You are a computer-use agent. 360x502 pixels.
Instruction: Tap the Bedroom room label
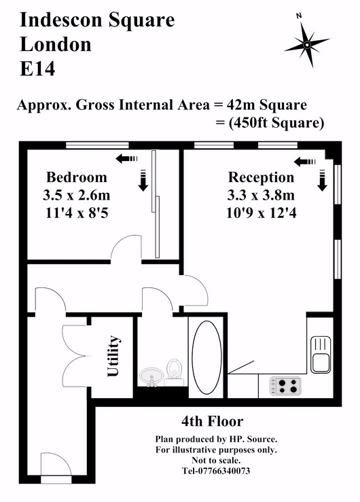[77, 177]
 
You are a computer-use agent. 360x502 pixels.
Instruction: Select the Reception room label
[261, 177]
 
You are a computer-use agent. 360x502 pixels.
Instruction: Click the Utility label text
[113, 356]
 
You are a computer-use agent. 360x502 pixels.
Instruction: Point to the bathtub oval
[206, 357]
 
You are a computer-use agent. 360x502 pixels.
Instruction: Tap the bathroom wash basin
[151, 377]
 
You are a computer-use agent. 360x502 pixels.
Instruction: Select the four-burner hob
[285, 385]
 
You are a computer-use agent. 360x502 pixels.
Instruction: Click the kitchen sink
[321, 355]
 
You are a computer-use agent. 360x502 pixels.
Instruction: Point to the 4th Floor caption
[212, 421]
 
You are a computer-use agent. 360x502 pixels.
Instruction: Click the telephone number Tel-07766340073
[216, 471]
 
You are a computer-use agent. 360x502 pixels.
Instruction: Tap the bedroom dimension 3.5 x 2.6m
[77, 195]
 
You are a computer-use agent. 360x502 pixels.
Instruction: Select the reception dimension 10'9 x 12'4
[261, 212]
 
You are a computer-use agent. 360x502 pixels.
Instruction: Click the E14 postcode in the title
[37, 69]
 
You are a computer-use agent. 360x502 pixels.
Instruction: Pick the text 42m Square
[267, 105]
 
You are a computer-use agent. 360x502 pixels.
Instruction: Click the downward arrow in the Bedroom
[143, 181]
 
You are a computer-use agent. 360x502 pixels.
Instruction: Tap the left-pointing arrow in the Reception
[304, 162]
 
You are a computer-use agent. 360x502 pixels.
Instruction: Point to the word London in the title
[56, 44]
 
